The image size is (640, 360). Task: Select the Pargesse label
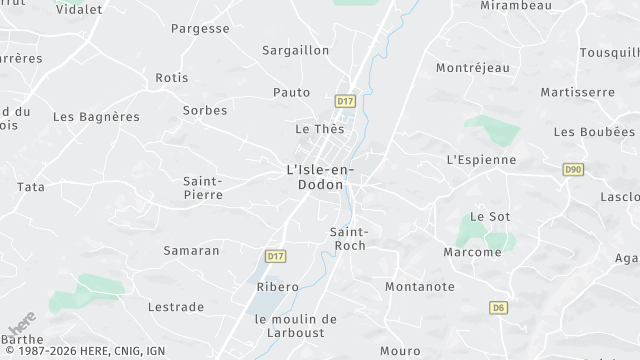[x=200, y=29]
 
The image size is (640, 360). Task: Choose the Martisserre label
[x=577, y=92]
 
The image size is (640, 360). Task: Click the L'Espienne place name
[x=481, y=159]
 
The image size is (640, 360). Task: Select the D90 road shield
[x=573, y=170]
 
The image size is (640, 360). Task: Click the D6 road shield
[x=498, y=308]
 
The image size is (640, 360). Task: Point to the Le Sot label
[x=490, y=216]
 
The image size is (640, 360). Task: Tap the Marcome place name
[x=472, y=252]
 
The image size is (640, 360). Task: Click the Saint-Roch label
[x=348, y=239]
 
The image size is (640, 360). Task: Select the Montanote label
[x=420, y=287]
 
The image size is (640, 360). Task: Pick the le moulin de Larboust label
[x=296, y=326]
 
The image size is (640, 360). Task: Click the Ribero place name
[x=278, y=287]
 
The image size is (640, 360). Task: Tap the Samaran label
[x=191, y=250]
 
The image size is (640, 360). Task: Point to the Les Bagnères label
[x=96, y=117]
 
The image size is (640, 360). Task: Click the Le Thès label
[x=320, y=129]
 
